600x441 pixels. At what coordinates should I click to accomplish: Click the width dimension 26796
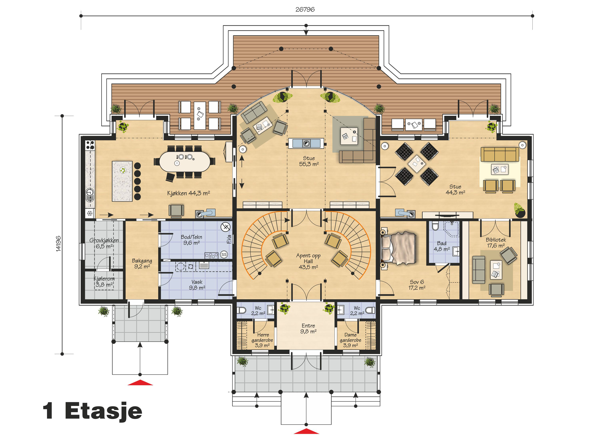pyautogui.click(x=305, y=9)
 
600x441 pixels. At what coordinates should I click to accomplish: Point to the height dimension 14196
pyautogui.click(x=58, y=243)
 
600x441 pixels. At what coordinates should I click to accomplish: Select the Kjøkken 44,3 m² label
pyautogui.click(x=189, y=193)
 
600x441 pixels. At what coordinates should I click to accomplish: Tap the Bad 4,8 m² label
pyautogui.click(x=442, y=246)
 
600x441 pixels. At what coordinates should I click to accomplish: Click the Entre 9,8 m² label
pyautogui.click(x=308, y=328)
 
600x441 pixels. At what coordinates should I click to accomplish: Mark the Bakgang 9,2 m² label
pyautogui.click(x=142, y=263)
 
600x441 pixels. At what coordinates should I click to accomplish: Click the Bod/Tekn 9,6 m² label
pyautogui.click(x=191, y=240)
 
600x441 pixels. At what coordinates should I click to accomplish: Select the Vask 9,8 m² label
pyautogui.click(x=197, y=284)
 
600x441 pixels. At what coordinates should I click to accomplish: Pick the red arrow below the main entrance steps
pyautogui.click(x=306, y=431)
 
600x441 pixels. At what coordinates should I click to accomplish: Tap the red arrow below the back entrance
pyautogui.click(x=140, y=383)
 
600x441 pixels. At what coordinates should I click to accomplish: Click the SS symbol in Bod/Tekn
pyautogui.click(x=224, y=254)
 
